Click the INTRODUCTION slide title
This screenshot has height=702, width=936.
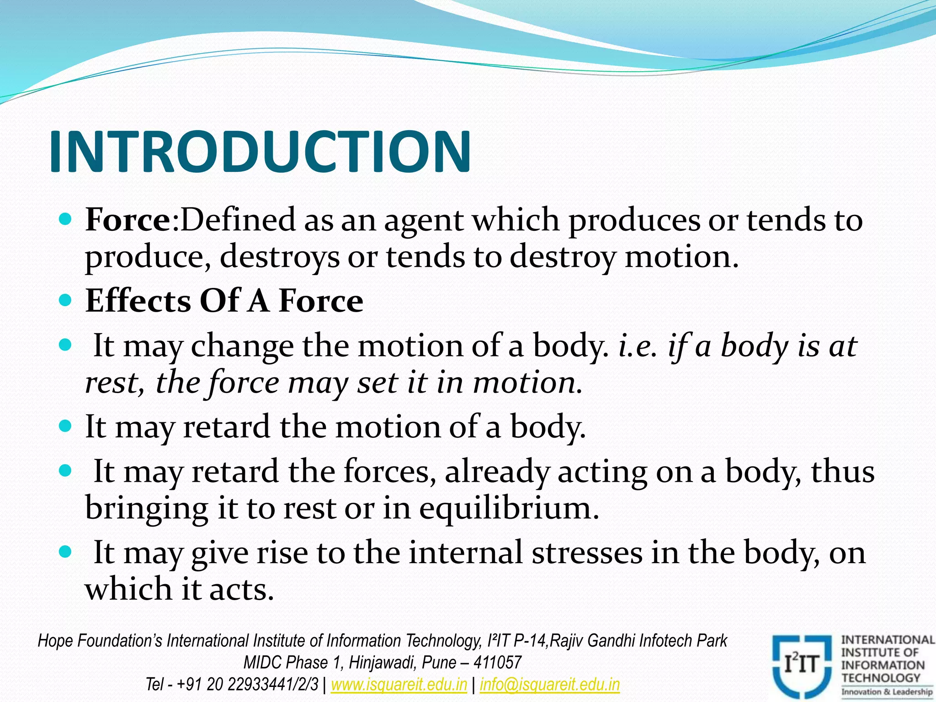coord(260,152)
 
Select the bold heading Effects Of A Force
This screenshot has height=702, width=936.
coord(224,301)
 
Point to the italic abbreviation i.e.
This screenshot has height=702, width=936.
coord(638,346)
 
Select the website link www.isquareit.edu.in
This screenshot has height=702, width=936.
coord(399,685)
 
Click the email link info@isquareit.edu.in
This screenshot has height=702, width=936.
coord(550,685)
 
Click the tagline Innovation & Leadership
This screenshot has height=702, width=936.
coord(887,692)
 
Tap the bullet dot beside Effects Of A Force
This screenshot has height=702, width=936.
coord(66,300)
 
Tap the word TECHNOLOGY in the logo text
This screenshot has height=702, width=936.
coord(881,678)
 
